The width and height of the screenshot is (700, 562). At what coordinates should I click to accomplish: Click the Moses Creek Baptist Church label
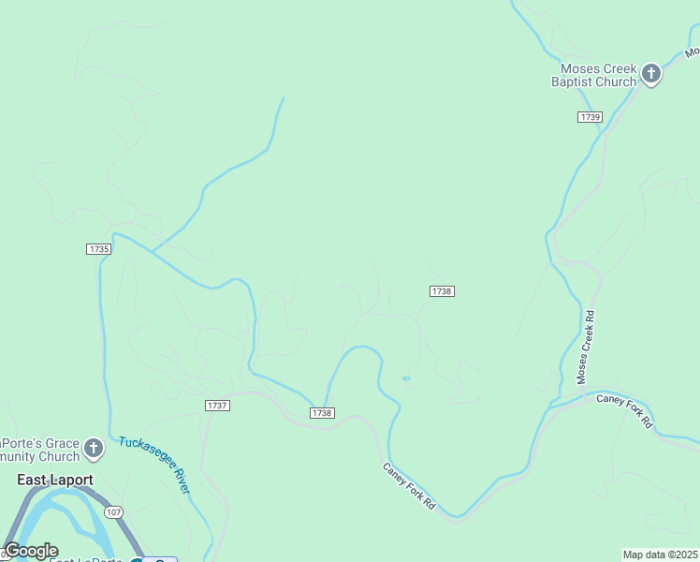pyautogui.click(x=599, y=75)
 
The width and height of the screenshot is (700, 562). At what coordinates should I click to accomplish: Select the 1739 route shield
pyautogui.click(x=590, y=117)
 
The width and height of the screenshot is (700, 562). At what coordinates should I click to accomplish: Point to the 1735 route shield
pyautogui.click(x=98, y=249)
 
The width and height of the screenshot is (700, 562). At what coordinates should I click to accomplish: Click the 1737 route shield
pyautogui.click(x=217, y=406)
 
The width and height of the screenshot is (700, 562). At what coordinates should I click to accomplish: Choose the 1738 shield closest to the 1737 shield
pyautogui.click(x=322, y=413)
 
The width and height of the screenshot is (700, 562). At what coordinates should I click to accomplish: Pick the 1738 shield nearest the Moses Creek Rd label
pyautogui.click(x=442, y=291)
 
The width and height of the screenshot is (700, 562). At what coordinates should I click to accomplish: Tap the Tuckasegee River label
pyautogui.click(x=155, y=465)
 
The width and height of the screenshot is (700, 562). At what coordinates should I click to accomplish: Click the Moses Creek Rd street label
pyautogui.click(x=586, y=347)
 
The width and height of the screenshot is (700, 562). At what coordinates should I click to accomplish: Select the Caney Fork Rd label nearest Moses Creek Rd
pyautogui.click(x=624, y=411)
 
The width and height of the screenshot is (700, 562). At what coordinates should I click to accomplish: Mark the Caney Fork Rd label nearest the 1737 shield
pyautogui.click(x=409, y=486)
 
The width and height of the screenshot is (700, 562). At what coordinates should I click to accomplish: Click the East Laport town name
pyautogui.click(x=56, y=481)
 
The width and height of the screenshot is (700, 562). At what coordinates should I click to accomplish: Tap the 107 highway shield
pyautogui.click(x=113, y=512)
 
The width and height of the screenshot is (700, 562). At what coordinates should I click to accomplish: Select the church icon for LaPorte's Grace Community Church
pyautogui.click(x=93, y=450)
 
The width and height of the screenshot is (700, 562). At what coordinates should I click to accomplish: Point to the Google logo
pyautogui.click(x=32, y=551)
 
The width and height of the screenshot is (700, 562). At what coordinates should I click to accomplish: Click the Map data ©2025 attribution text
pyautogui.click(x=661, y=555)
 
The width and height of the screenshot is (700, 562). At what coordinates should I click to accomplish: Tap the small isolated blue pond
pyautogui.click(x=406, y=378)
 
